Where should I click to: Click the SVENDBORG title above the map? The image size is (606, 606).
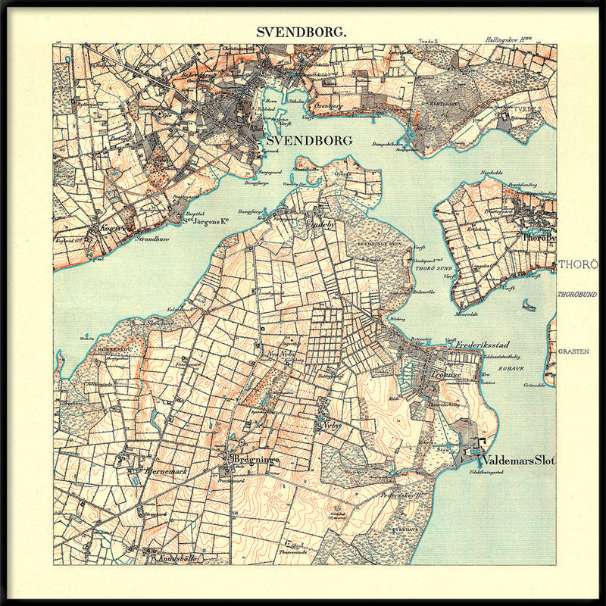tap(302, 32)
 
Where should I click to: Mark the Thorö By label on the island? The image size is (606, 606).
tap(539, 237)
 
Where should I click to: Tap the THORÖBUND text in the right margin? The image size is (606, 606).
tap(578, 294)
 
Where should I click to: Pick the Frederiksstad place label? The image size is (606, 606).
tap(485, 345)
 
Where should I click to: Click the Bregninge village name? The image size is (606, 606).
tap(257, 460)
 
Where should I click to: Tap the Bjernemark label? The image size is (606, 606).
tap(165, 470)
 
